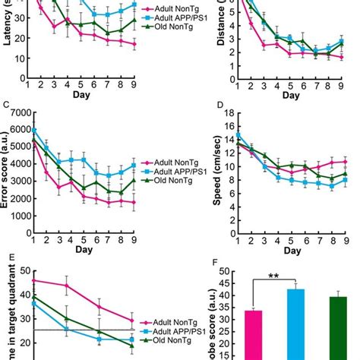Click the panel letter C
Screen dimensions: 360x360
pyautogui.click(x=6, y=104)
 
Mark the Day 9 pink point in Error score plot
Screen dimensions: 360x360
pyautogui.click(x=134, y=203)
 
